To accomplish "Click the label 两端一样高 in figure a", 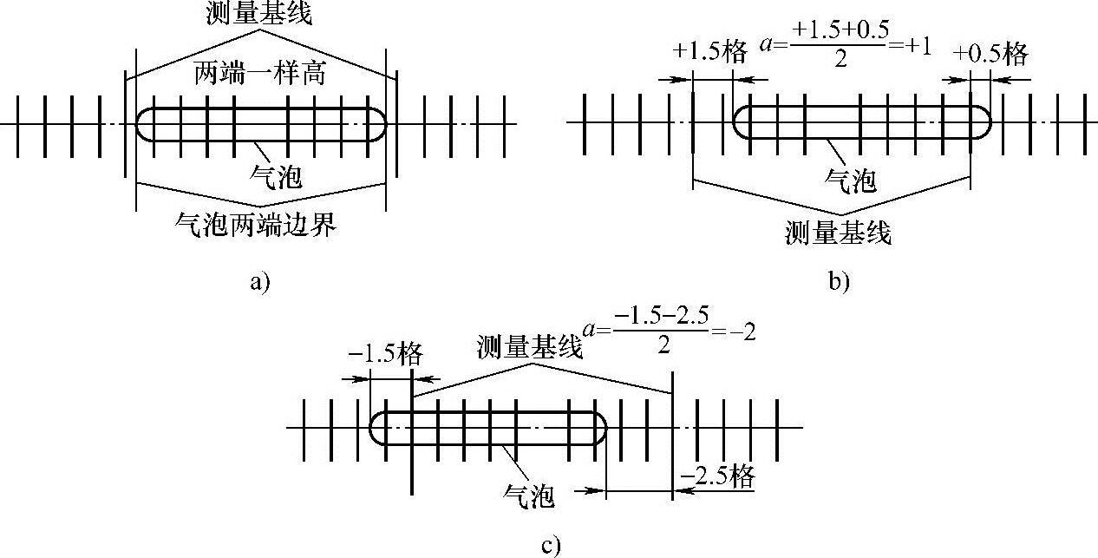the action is point(259,74).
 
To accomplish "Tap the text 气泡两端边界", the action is point(255,226).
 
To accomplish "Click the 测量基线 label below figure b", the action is point(838,233).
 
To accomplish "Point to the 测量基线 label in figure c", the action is point(529,346).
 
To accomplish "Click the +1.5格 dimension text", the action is point(709,53).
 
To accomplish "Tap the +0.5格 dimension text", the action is point(990,54).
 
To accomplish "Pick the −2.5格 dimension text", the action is point(717,476).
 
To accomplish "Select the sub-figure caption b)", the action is point(838,281).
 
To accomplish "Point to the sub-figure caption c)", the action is point(550,545).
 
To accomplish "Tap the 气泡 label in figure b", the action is point(850,181).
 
